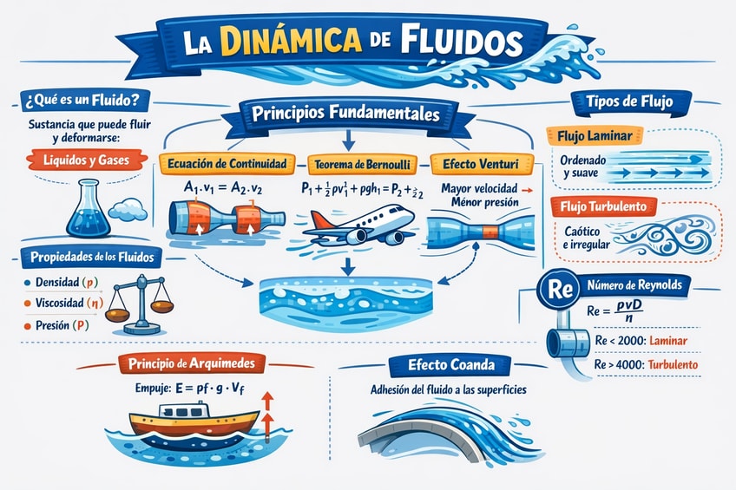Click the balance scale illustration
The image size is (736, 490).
(139, 304)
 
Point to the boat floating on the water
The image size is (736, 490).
(194, 423)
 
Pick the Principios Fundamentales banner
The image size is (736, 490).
(345, 114)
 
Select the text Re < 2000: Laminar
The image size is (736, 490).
(637, 340)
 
